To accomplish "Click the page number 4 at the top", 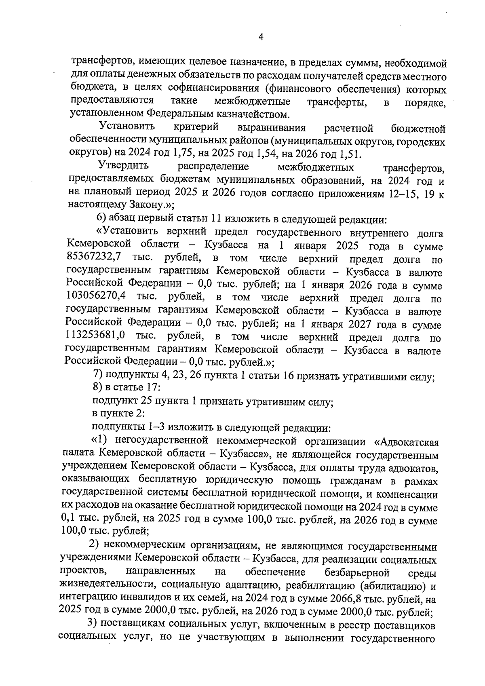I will tap(260, 37).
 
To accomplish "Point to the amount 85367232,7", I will tap(96, 257).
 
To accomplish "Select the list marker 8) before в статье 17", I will tap(97, 388).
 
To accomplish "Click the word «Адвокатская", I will tap(404, 441).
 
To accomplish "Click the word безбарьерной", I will tap(356, 573).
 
